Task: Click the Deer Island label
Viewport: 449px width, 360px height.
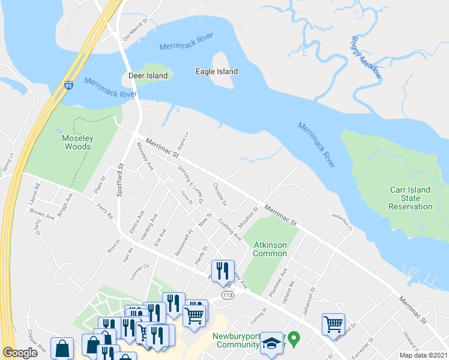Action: pyautogui.click(x=148, y=76)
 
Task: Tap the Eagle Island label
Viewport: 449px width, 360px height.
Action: pyautogui.click(x=217, y=71)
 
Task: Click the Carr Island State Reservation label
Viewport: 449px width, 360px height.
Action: pyautogui.click(x=411, y=198)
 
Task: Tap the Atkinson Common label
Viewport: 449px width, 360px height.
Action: pyautogui.click(x=270, y=248)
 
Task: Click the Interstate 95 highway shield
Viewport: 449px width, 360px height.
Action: pyautogui.click(x=69, y=86)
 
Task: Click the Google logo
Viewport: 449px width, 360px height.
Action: pyautogui.click(x=20, y=353)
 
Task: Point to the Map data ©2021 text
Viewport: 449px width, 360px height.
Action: pyautogui.click(x=423, y=355)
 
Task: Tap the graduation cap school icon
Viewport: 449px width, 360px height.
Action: pyautogui.click(x=272, y=342)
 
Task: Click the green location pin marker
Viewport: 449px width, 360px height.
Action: pyautogui.click(x=294, y=340)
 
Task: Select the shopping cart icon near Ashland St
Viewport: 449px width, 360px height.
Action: pyautogui.click(x=333, y=324)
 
